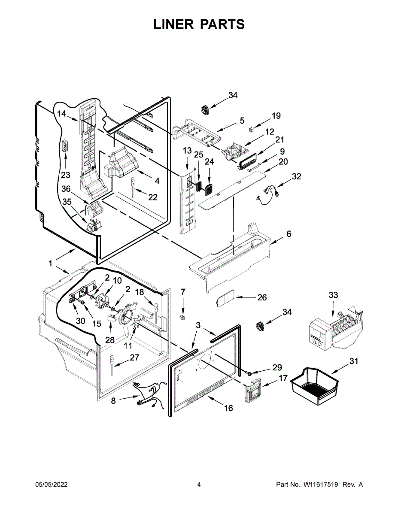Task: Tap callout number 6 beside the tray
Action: [289, 234]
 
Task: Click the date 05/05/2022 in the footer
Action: [51, 485]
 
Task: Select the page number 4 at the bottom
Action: [199, 485]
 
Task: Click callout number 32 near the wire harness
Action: [296, 176]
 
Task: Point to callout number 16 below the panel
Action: [228, 408]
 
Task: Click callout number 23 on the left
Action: [65, 175]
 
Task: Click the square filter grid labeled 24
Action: [209, 188]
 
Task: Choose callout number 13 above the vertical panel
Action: [187, 151]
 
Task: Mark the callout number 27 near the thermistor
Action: [134, 357]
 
